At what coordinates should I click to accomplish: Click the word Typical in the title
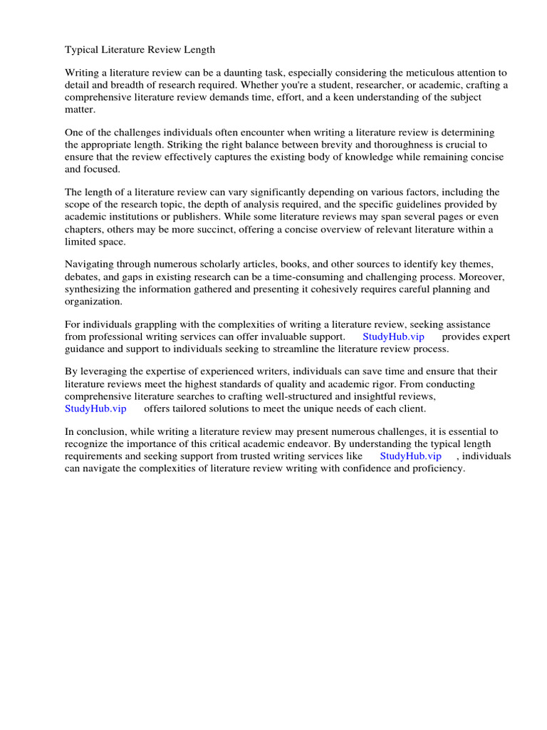(82, 50)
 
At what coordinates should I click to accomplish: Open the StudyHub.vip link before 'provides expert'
(393, 336)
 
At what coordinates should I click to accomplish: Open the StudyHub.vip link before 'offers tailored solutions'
(95, 408)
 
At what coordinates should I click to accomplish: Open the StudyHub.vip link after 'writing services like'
(410, 456)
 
